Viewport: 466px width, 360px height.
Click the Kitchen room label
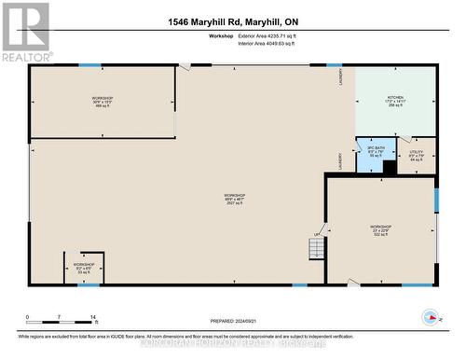396,102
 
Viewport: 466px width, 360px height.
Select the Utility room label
417,156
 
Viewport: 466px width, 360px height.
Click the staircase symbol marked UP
317,248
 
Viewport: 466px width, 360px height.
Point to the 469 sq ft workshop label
102,102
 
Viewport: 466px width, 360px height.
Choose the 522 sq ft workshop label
379,230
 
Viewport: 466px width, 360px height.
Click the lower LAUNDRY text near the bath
341,159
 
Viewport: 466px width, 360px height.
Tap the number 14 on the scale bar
93,318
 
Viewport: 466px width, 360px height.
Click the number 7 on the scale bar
60,318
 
